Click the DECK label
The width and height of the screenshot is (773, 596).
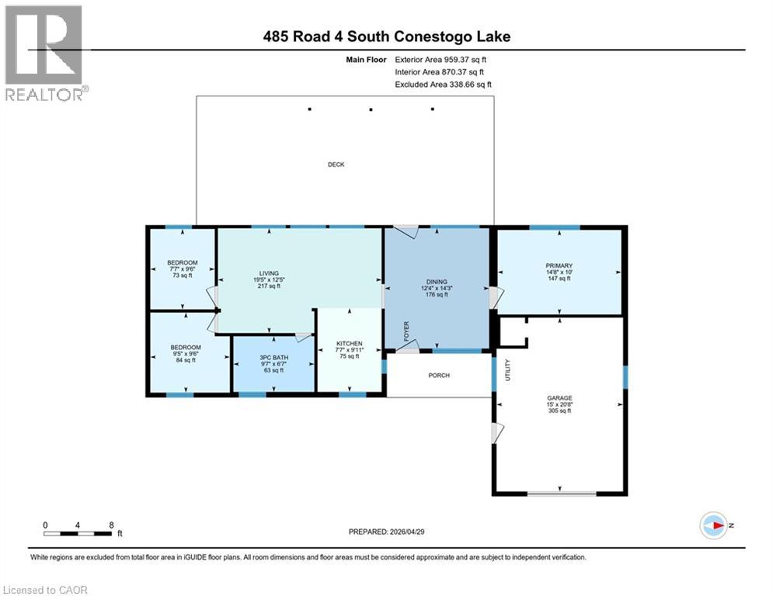click(336, 165)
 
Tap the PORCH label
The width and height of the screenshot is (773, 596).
click(438, 376)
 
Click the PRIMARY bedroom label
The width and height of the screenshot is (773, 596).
click(559, 265)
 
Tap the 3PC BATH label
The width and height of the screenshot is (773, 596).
click(272, 358)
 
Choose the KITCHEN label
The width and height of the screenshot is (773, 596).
click(350, 343)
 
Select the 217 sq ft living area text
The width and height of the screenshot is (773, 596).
click(269, 286)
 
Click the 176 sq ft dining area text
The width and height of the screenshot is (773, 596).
click(436, 294)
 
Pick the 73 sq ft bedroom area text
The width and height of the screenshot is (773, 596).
click(182, 275)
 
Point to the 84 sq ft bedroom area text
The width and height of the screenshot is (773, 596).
click(186, 360)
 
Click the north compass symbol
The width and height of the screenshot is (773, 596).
click(712, 525)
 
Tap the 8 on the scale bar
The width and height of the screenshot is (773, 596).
click(112, 525)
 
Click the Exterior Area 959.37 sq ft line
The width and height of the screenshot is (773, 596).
click(441, 59)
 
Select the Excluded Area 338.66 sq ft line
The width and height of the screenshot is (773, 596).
click(443, 85)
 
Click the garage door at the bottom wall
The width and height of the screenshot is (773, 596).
click(562, 494)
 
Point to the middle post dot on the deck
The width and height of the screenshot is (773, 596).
click(371, 109)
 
